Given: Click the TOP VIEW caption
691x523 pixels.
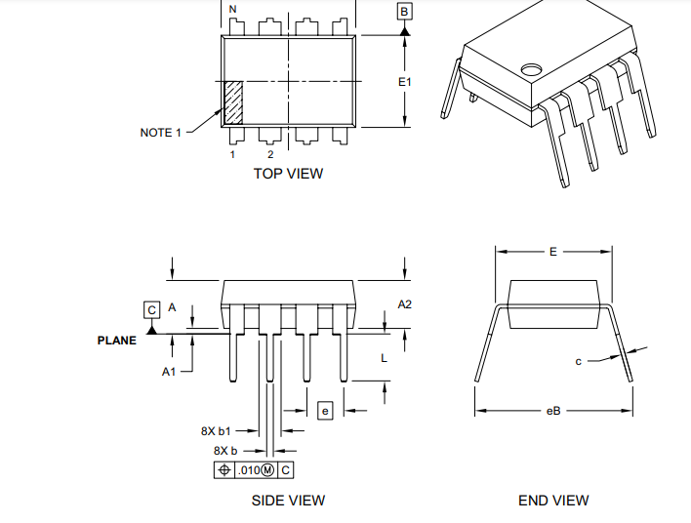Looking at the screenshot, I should pos(288,174).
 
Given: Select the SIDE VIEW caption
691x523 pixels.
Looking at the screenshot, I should pos(288,501).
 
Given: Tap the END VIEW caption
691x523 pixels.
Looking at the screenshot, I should pos(553,501).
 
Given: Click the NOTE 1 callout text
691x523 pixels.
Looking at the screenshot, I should pos(160,133).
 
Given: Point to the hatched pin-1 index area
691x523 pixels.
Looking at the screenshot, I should pos(234,102).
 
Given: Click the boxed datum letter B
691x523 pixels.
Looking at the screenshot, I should pos(404,11).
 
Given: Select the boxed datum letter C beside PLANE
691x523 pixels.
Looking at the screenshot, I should pos(151,309).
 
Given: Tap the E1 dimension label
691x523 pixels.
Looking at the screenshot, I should pos(404,82).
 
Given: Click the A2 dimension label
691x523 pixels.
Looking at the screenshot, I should pos(404,304).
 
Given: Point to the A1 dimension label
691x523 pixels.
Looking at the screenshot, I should pos(169,372).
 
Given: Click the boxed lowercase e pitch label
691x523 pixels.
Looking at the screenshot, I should pos(325,411).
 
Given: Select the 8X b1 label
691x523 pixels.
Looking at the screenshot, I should pos(216,430).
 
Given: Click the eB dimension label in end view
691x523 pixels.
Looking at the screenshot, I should pos(553,411).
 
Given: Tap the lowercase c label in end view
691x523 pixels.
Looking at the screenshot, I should pos(578,361).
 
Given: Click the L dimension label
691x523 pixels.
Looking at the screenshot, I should pos(384,358).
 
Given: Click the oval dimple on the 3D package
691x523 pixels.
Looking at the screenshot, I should pos(532,69).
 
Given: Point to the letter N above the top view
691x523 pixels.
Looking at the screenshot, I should pos(232,10).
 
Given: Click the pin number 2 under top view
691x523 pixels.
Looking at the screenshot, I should pos(270,154).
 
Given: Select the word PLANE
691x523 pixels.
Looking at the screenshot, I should pos(117,341).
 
